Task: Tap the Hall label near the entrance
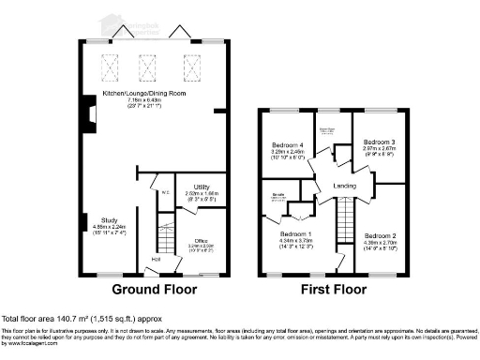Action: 155,260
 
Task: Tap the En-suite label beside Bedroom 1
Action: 277,195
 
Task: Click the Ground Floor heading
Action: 154,290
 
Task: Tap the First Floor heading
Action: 334,290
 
